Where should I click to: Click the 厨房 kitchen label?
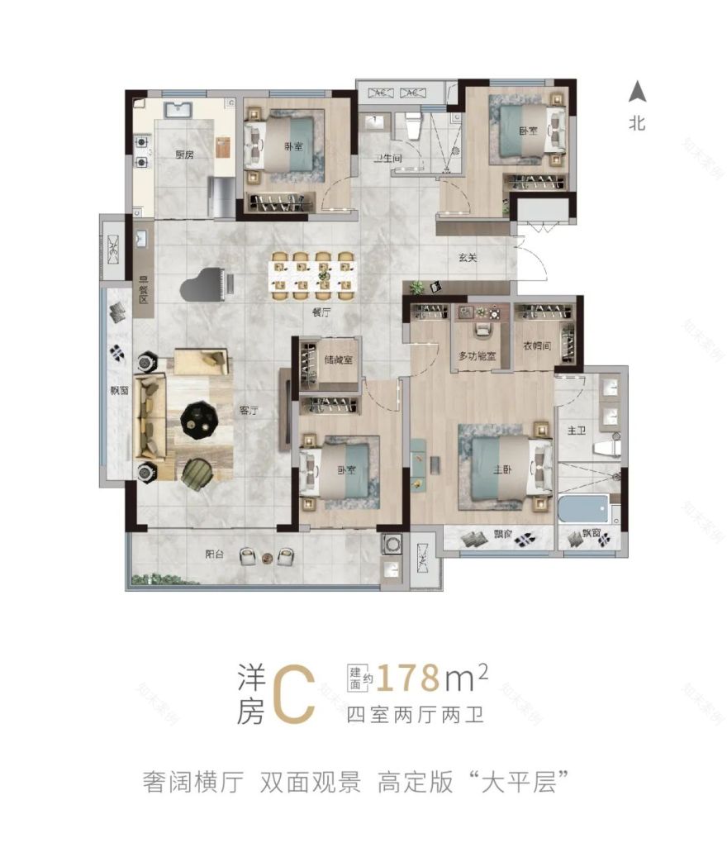tap(183, 155)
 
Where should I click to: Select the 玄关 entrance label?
tap(468, 258)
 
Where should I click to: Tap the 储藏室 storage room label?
tap(339, 360)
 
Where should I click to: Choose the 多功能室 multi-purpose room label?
tap(477, 356)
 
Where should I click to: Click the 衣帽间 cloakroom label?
tap(536, 348)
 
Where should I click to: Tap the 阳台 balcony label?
tap(215, 555)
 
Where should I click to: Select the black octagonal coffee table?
tap(200, 419)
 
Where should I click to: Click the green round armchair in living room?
tap(197, 474)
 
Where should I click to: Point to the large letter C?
tap(292, 693)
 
